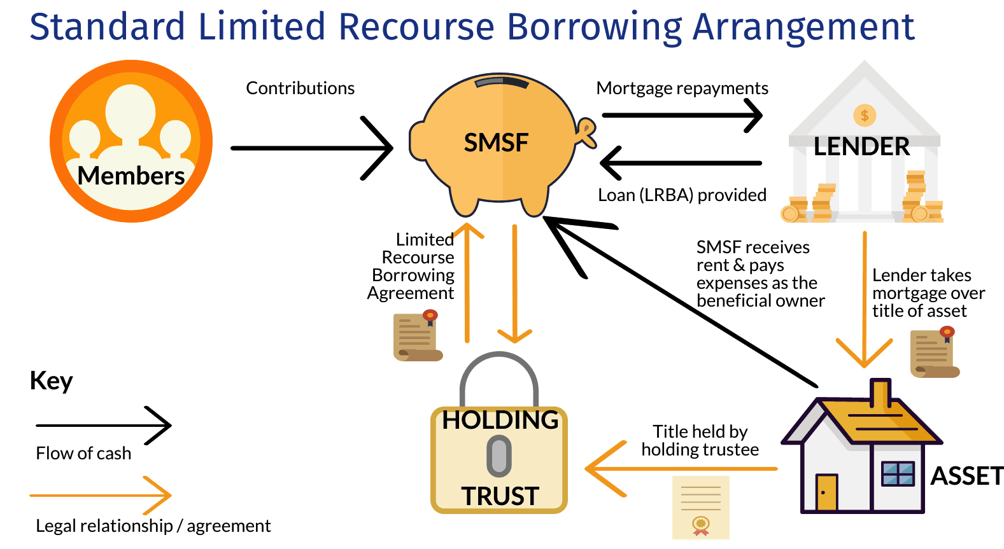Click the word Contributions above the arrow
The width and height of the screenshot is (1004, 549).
click(300, 88)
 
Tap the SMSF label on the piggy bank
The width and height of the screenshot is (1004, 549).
click(496, 142)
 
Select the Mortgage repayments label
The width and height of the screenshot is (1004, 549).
click(682, 88)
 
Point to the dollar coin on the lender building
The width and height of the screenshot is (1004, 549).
click(865, 115)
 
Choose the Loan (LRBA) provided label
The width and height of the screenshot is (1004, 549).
click(682, 195)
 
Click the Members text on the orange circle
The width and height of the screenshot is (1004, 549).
click(131, 176)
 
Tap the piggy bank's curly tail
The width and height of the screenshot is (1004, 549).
click(586, 132)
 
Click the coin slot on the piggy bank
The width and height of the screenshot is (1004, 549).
click(502, 83)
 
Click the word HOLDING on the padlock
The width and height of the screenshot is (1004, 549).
click(500, 420)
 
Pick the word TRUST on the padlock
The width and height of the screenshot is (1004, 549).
click(500, 496)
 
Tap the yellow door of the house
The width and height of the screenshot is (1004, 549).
click(827, 492)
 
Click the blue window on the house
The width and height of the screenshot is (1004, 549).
click(898, 474)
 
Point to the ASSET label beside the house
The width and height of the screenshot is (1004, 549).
click(966, 476)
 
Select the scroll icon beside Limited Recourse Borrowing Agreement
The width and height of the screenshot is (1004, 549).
click(417, 337)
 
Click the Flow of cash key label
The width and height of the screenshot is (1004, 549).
click(83, 454)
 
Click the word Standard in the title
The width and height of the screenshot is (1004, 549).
click(107, 27)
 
